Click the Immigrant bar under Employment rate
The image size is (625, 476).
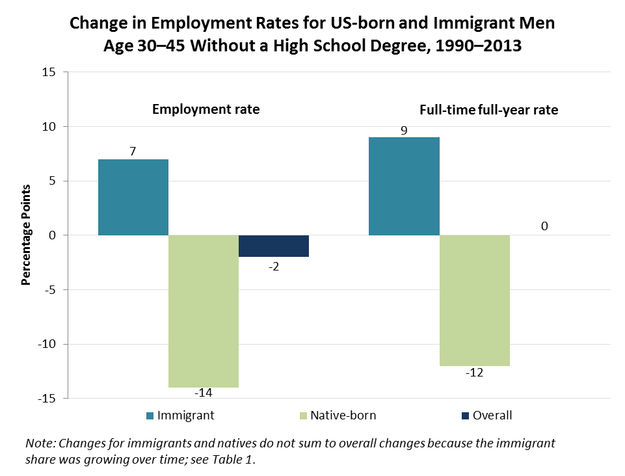tap(133, 197)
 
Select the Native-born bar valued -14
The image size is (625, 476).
tap(204, 311)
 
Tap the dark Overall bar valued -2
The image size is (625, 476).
tap(274, 246)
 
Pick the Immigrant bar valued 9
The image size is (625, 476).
tap(404, 186)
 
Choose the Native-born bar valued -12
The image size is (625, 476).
tap(475, 300)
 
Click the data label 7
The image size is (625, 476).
tap(133, 152)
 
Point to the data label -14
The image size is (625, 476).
tap(204, 393)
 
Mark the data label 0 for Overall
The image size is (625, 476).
tap(544, 226)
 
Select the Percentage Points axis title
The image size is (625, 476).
tap(27, 235)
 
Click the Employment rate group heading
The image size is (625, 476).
tap(206, 109)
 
